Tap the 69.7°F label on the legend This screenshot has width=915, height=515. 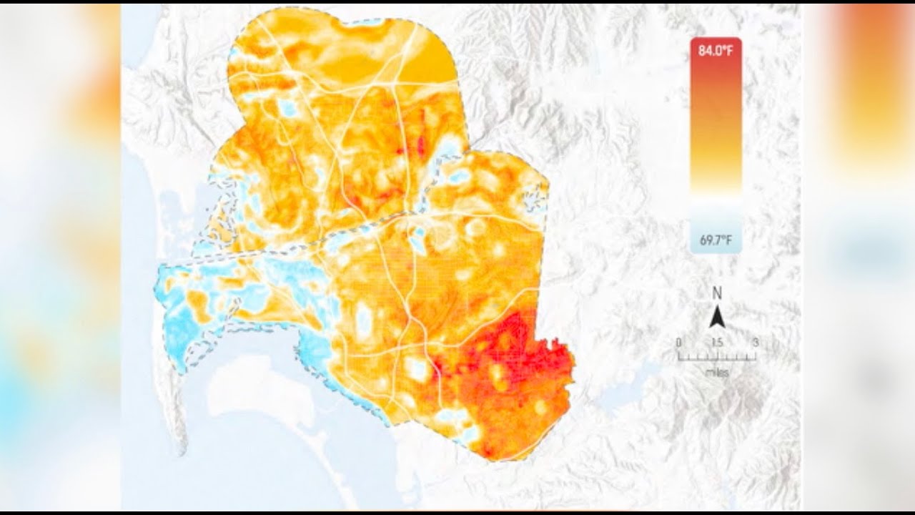coord(716,241)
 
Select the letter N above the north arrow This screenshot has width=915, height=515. coord(717,293)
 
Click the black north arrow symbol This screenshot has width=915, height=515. coord(717,315)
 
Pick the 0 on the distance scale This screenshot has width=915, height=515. coord(678,343)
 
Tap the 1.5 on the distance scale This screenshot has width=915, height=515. coord(716,343)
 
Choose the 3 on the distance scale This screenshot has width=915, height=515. coord(755,343)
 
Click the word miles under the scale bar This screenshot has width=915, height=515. coord(716,372)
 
